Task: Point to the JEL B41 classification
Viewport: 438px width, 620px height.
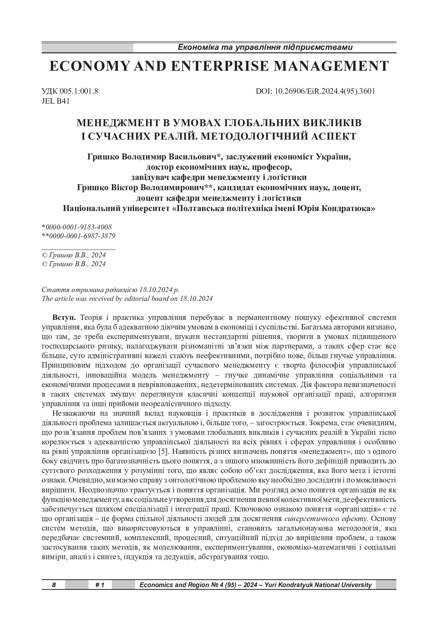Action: [55, 101]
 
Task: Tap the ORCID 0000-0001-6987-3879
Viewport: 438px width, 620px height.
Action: [82, 236]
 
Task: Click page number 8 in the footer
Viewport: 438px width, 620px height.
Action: [54, 585]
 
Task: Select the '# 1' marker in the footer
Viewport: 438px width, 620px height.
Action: [100, 585]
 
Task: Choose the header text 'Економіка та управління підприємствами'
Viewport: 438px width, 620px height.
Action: [265, 47]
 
